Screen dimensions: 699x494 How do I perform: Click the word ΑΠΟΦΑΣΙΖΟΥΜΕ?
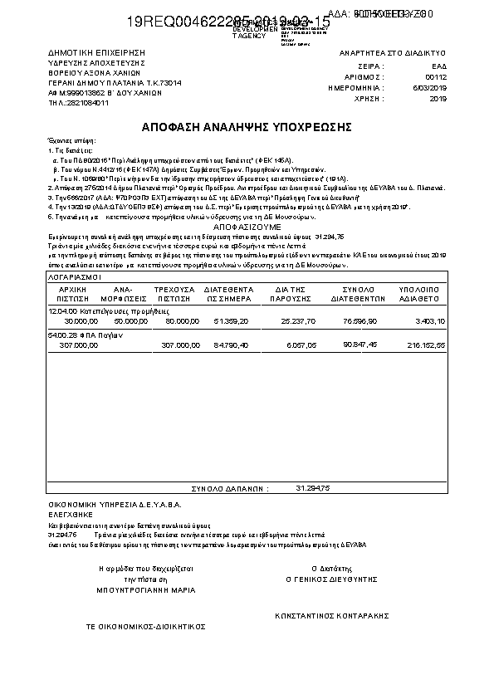pyautogui.click(x=247, y=226)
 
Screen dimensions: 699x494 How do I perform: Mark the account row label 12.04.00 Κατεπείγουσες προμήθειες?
pyautogui.click(x=103, y=310)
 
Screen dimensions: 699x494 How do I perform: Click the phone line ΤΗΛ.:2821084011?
pyautogui.click(x=79, y=103)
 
